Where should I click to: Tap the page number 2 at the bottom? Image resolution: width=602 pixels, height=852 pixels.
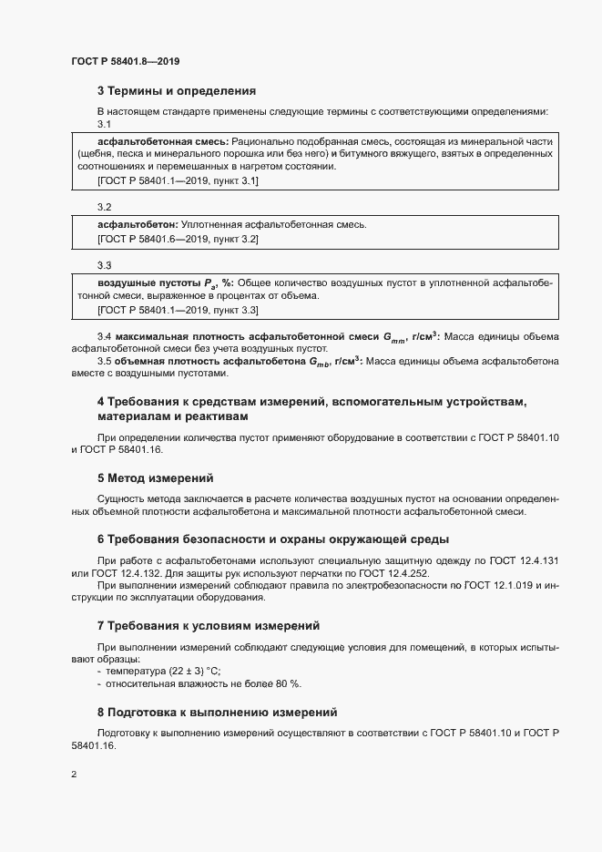coord(73,775)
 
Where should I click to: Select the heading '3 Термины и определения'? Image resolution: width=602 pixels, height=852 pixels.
coord(176,91)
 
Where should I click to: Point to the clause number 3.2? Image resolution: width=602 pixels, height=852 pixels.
coord(104,207)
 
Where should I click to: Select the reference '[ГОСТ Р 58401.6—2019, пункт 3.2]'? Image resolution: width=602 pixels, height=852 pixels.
coord(178,239)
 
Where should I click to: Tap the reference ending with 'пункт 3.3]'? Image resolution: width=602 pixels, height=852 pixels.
coord(178,311)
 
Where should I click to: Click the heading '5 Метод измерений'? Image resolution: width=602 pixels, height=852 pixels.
coord(155,477)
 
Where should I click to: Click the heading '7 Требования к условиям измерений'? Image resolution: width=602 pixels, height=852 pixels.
coord(208,626)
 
